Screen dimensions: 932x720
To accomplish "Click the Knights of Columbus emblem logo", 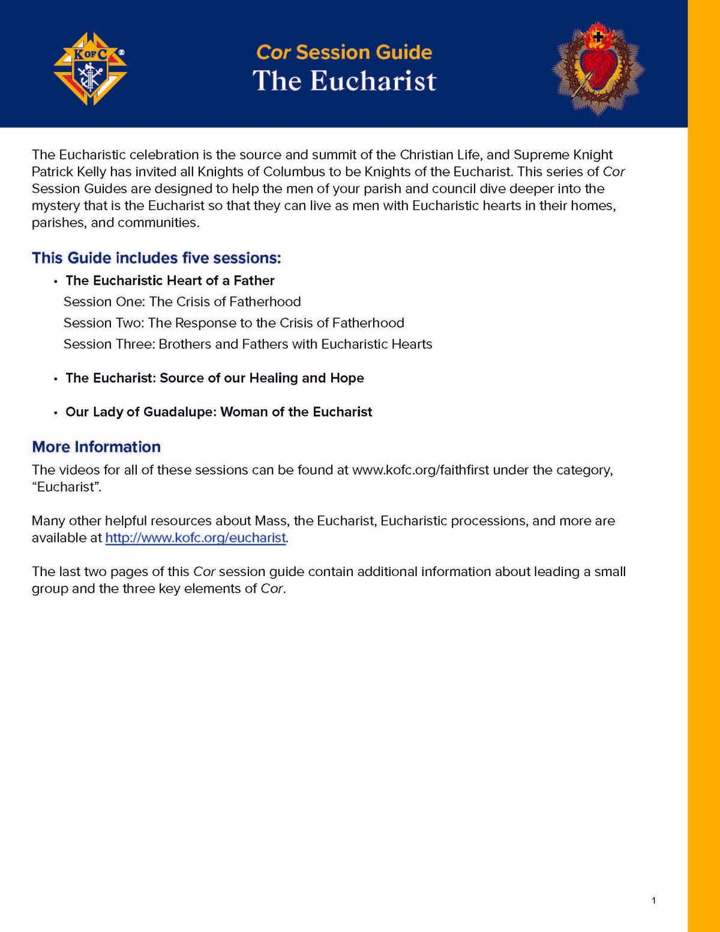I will pyautogui.click(x=90, y=69).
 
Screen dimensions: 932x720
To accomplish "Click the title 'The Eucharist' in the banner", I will pyautogui.click(x=344, y=81).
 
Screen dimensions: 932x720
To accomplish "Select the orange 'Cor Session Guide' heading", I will pyautogui.click(x=344, y=52).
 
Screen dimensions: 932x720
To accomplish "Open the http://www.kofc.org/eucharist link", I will pyautogui.click(x=196, y=538).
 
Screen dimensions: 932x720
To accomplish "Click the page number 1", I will pyautogui.click(x=653, y=900).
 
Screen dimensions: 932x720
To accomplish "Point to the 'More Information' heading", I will pyautogui.click(x=96, y=447).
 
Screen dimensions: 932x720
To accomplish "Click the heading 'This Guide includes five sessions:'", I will pyautogui.click(x=156, y=258).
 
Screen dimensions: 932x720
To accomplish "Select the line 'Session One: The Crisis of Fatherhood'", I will pyautogui.click(x=182, y=302).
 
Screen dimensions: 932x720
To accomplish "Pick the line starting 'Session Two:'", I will pyautogui.click(x=233, y=323).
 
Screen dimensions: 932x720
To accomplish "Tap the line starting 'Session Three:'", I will pyautogui.click(x=247, y=344).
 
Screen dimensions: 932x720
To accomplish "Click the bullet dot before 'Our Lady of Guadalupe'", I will pyautogui.click(x=55, y=413).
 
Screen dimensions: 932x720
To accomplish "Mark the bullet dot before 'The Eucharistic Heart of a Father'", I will pyautogui.click(x=55, y=281).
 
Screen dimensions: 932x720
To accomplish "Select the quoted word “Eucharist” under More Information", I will pyautogui.click(x=66, y=487).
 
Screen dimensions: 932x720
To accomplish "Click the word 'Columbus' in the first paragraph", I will pyautogui.click(x=294, y=172).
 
